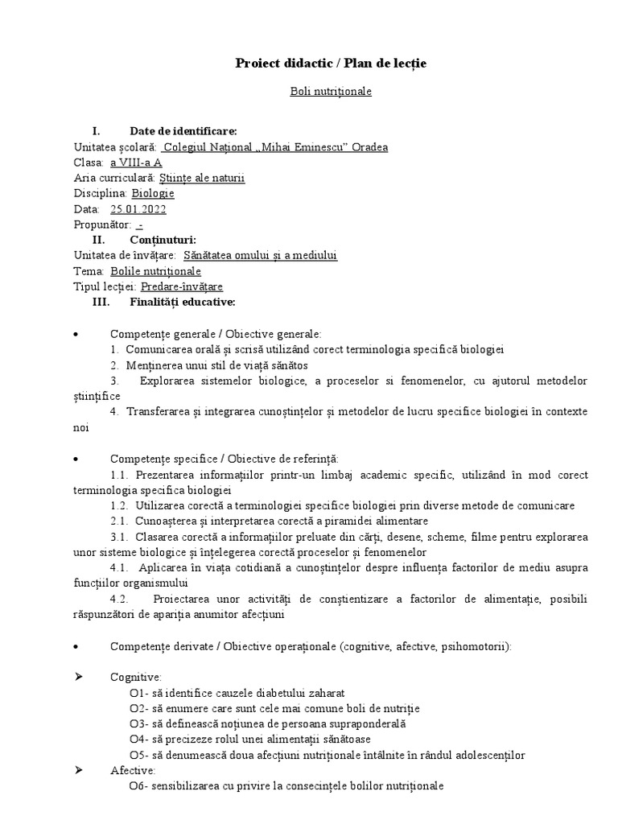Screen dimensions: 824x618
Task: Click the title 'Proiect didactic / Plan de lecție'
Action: pyautogui.click(x=331, y=64)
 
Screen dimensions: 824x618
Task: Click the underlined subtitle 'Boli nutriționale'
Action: pyautogui.click(x=331, y=92)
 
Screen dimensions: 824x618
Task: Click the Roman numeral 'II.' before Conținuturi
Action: pyautogui.click(x=99, y=240)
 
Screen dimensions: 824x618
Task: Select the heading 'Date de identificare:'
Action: pyautogui.click(x=183, y=131)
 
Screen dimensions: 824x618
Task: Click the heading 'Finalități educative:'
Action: pyautogui.click(x=182, y=302)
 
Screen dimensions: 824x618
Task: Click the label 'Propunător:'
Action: pyautogui.click(x=101, y=225)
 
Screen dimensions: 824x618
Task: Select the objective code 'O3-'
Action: pyautogui.click(x=138, y=723)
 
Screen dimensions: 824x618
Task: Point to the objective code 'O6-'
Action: pyautogui.click(x=138, y=785)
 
